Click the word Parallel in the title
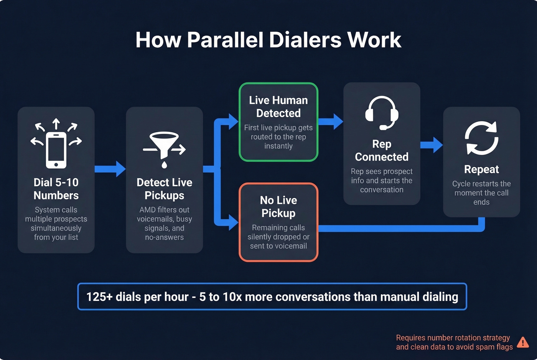(226, 40)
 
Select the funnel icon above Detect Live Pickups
(164, 148)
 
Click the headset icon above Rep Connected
(382, 112)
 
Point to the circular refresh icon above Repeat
(481, 138)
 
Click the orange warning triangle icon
(522, 342)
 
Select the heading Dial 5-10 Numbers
(56, 189)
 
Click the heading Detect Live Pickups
(164, 189)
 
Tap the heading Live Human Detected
(278, 107)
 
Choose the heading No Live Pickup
(278, 207)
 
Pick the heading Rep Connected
(382, 150)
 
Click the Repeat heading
(481, 169)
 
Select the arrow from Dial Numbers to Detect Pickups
(110, 169)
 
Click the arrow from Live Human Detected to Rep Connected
(331, 122)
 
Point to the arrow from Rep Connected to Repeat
(432, 145)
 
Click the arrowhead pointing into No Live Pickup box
(233, 222)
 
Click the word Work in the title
(374, 40)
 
